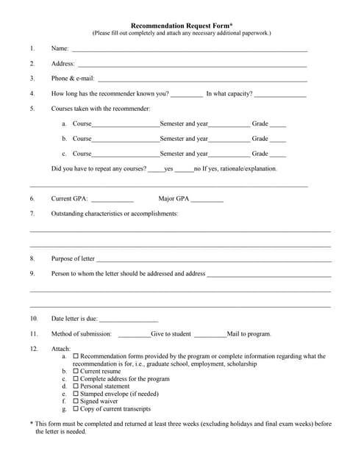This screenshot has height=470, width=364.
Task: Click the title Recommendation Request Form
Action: (181, 25)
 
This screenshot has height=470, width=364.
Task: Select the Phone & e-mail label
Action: (73, 79)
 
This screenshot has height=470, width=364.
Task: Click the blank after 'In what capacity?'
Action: (280, 95)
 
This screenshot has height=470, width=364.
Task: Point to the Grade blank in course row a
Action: (278, 125)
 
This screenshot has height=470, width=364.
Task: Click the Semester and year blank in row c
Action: (229, 156)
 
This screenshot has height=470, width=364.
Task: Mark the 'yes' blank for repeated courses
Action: (156, 170)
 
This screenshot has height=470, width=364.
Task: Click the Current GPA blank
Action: (113, 200)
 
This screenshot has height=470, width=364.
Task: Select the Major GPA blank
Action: (207, 200)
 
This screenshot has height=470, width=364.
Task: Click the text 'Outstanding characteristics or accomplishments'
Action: (114, 214)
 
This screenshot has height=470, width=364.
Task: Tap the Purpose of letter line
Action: (213, 260)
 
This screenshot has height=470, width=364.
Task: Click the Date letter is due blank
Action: (129, 320)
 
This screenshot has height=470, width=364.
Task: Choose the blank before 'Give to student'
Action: (135, 336)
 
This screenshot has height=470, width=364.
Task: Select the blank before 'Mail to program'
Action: (210, 336)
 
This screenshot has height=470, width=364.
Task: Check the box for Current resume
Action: (76, 372)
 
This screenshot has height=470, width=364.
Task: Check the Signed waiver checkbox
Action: (76, 402)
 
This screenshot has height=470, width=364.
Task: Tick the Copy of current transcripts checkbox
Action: (76, 409)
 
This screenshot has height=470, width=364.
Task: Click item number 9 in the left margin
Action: (32, 274)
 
